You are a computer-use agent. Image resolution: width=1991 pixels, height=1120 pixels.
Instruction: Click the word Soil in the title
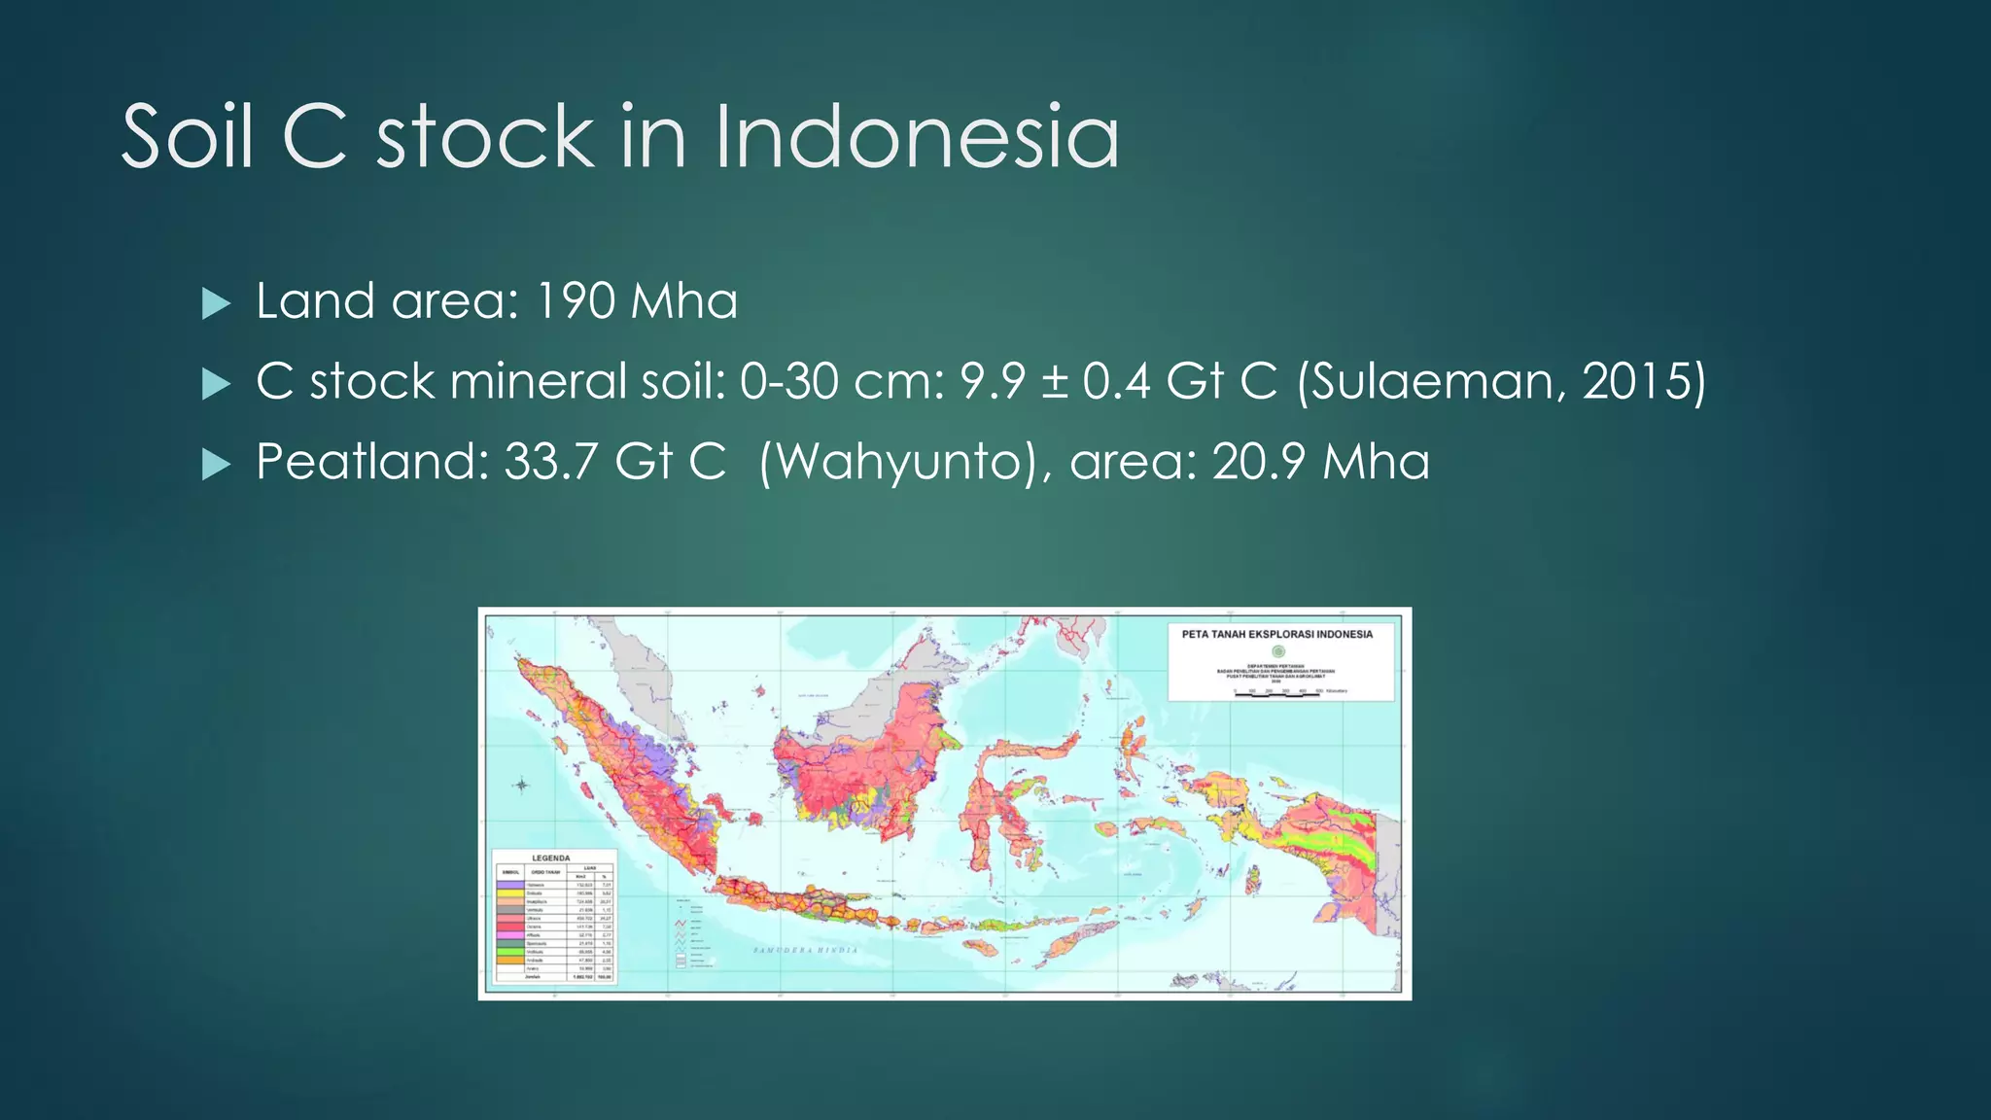click(x=188, y=137)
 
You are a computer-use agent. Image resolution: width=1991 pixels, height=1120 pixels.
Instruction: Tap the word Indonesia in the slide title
click(x=917, y=137)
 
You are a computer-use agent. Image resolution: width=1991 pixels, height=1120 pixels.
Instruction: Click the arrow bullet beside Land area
click(x=216, y=304)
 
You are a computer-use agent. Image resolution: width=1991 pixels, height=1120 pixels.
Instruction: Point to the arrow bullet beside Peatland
click(x=216, y=465)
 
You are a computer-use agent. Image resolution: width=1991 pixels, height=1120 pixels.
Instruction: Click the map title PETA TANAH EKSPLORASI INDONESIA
click(x=1277, y=634)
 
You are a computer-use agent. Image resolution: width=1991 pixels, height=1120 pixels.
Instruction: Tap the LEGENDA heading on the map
click(x=551, y=858)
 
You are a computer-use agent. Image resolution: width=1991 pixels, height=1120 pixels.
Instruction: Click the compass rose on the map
click(x=522, y=785)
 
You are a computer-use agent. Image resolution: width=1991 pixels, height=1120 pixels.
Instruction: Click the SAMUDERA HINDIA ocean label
click(x=806, y=950)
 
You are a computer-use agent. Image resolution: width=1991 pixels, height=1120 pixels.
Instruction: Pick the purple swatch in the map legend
click(x=508, y=886)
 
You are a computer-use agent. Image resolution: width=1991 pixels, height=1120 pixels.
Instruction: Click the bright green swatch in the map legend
click(x=508, y=952)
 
